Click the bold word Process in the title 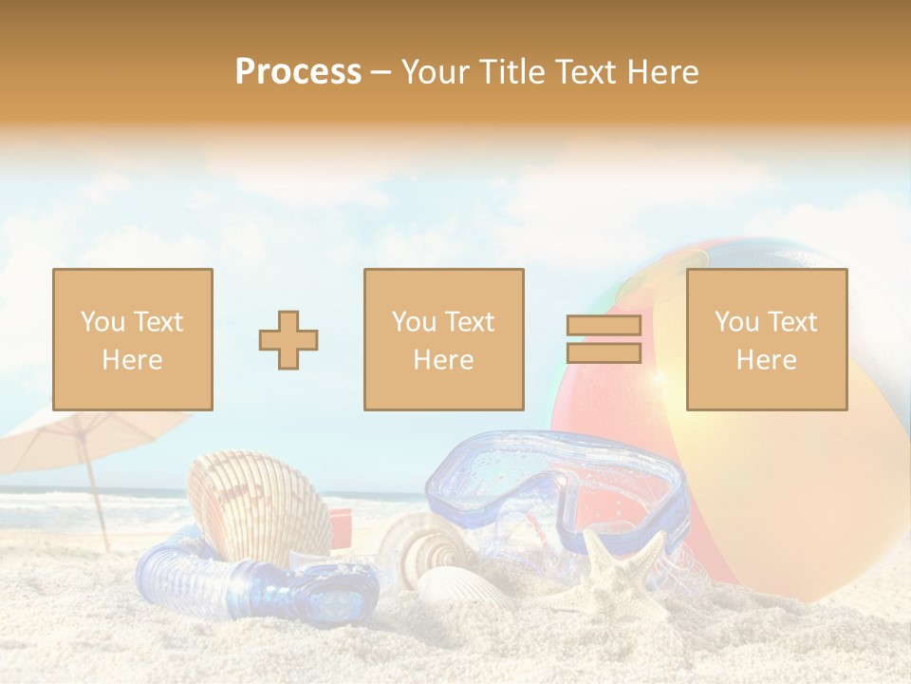298,72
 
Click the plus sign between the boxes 288,339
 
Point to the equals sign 604,339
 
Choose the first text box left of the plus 133,339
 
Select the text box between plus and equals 443,339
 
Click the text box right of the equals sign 767,339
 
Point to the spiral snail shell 427,551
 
